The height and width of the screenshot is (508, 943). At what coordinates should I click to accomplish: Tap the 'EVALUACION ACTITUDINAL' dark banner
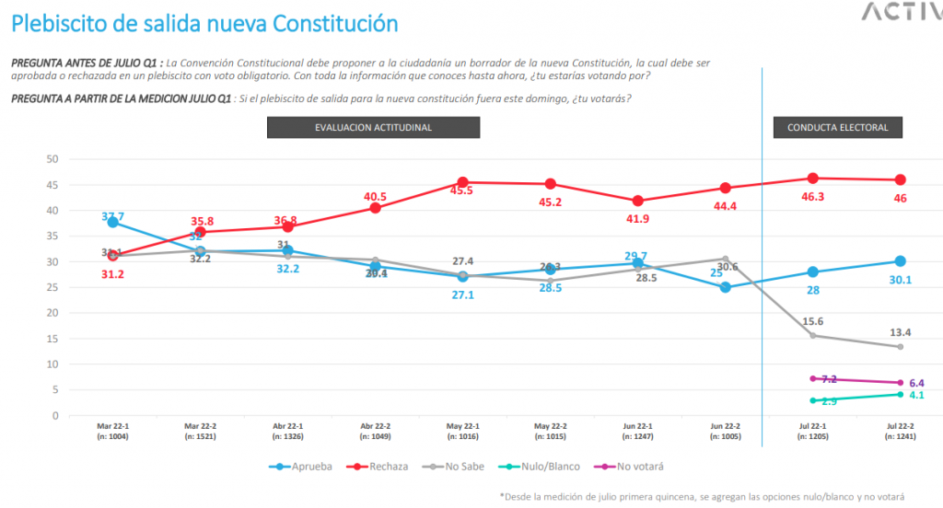tap(372, 128)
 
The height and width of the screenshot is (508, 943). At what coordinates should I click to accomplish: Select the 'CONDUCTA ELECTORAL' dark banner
tap(837, 128)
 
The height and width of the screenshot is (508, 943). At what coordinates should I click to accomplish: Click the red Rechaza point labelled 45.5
tap(462, 182)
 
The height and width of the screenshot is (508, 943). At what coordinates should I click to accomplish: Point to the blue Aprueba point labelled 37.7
tap(112, 222)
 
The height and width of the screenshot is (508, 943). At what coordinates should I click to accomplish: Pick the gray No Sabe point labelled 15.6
tap(812, 335)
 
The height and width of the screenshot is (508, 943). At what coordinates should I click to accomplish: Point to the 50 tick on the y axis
tap(52, 159)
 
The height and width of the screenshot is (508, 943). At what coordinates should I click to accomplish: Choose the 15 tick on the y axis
tap(52, 339)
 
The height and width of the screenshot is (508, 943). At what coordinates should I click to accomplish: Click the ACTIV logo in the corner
tap(900, 12)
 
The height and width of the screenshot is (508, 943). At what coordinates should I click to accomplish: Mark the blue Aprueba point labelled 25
tap(725, 287)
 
